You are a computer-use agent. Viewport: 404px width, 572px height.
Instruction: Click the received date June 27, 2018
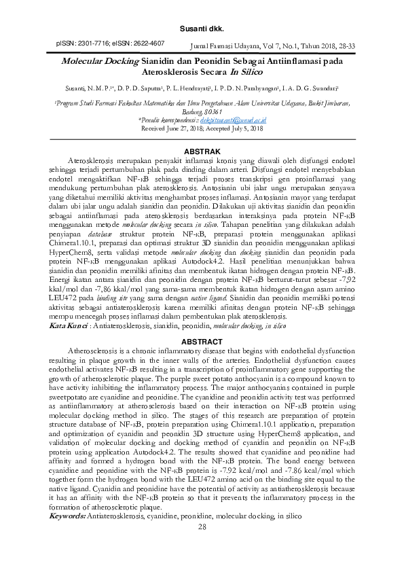point(185,127)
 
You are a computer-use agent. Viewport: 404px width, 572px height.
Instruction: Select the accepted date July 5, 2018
point(242,127)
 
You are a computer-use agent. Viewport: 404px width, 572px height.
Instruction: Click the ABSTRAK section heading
point(201,149)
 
